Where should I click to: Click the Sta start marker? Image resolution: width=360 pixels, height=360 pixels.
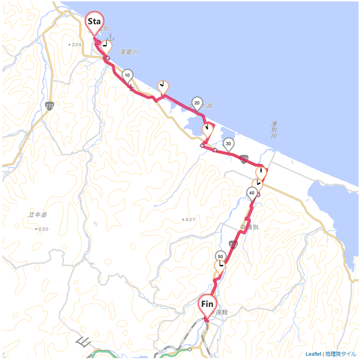(x=94, y=22)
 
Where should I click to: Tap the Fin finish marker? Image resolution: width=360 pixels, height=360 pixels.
(x=207, y=305)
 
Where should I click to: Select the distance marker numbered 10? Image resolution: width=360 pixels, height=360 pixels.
(x=127, y=75)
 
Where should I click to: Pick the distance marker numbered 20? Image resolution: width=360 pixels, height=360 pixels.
(x=197, y=103)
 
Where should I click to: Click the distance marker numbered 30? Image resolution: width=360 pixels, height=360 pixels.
(x=228, y=143)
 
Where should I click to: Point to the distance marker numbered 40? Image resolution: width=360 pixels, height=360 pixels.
(x=252, y=193)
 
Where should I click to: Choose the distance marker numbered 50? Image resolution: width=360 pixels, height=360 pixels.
(x=220, y=256)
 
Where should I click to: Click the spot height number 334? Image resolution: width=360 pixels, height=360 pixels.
(x=76, y=45)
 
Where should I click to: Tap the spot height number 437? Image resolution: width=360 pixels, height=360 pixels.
(x=189, y=220)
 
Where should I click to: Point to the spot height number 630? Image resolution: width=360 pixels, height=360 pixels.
(x=43, y=229)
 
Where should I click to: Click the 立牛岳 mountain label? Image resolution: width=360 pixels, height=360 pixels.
(x=38, y=215)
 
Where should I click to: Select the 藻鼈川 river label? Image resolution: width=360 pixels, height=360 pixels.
(x=128, y=52)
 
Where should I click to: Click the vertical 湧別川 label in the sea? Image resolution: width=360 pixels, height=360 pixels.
(x=274, y=130)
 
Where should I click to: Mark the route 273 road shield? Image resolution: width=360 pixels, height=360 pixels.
(x=50, y=106)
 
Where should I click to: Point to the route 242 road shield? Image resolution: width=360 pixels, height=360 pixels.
(x=232, y=244)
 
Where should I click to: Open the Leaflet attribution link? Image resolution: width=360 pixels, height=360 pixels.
(x=313, y=354)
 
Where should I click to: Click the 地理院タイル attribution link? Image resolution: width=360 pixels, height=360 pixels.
(x=340, y=354)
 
